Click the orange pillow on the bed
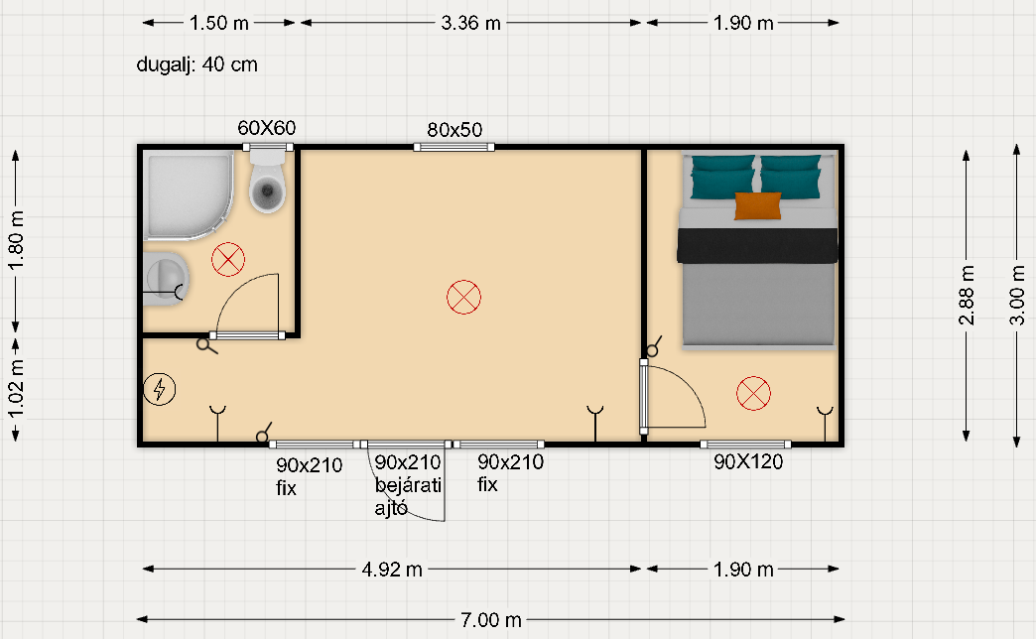click(x=758, y=205)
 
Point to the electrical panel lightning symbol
click(x=159, y=389)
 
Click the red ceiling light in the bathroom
click(x=228, y=259)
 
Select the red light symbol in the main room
click(x=463, y=297)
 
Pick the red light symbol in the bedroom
click(x=753, y=393)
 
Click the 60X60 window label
click(x=267, y=128)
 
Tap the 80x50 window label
click(x=454, y=130)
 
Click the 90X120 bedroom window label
click(x=748, y=462)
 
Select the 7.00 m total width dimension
click(x=491, y=620)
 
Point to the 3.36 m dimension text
click(x=470, y=23)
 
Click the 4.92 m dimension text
click(x=392, y=569)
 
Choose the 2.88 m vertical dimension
click(x=966, y=296)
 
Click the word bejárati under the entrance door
click(x=408, y=485)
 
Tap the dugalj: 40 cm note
click(x=196, y=64)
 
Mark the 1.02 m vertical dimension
click(x=16, y=390)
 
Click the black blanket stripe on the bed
click(x=757, y=245)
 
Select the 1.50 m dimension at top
click(x=218, y=23)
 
